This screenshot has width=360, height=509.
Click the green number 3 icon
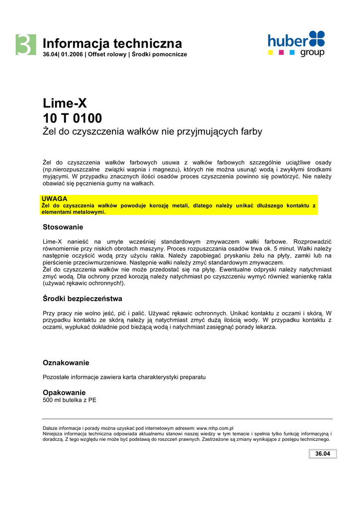tap(25, 45)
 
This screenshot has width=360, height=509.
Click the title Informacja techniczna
tap(112, 43)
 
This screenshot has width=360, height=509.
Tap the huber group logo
tap(296, 44)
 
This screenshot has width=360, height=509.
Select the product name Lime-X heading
tap(65, 104)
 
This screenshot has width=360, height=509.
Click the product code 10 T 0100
tap(73, 118)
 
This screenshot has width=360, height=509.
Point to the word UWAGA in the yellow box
tap(54, 199)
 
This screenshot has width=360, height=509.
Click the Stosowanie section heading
tap(63, 227)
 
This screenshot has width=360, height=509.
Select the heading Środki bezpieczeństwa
tap(83, 299)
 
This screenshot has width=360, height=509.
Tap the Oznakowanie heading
tap(66, 363)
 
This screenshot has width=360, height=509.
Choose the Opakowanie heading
tap(64, 392)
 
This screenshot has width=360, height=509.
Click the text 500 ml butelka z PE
tap(70, 400)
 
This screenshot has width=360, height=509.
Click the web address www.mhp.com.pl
tap(215, 428)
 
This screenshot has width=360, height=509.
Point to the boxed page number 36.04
tap(323, 454)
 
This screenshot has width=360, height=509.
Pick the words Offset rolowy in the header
tap(107, 54)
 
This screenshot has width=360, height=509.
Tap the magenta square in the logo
tap(281, 52)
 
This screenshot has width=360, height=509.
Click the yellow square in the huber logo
tap(270, 52)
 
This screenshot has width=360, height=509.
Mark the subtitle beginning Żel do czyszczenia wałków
tap(152, 132)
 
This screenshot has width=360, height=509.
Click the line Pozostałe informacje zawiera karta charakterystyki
tap(124, 377)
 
